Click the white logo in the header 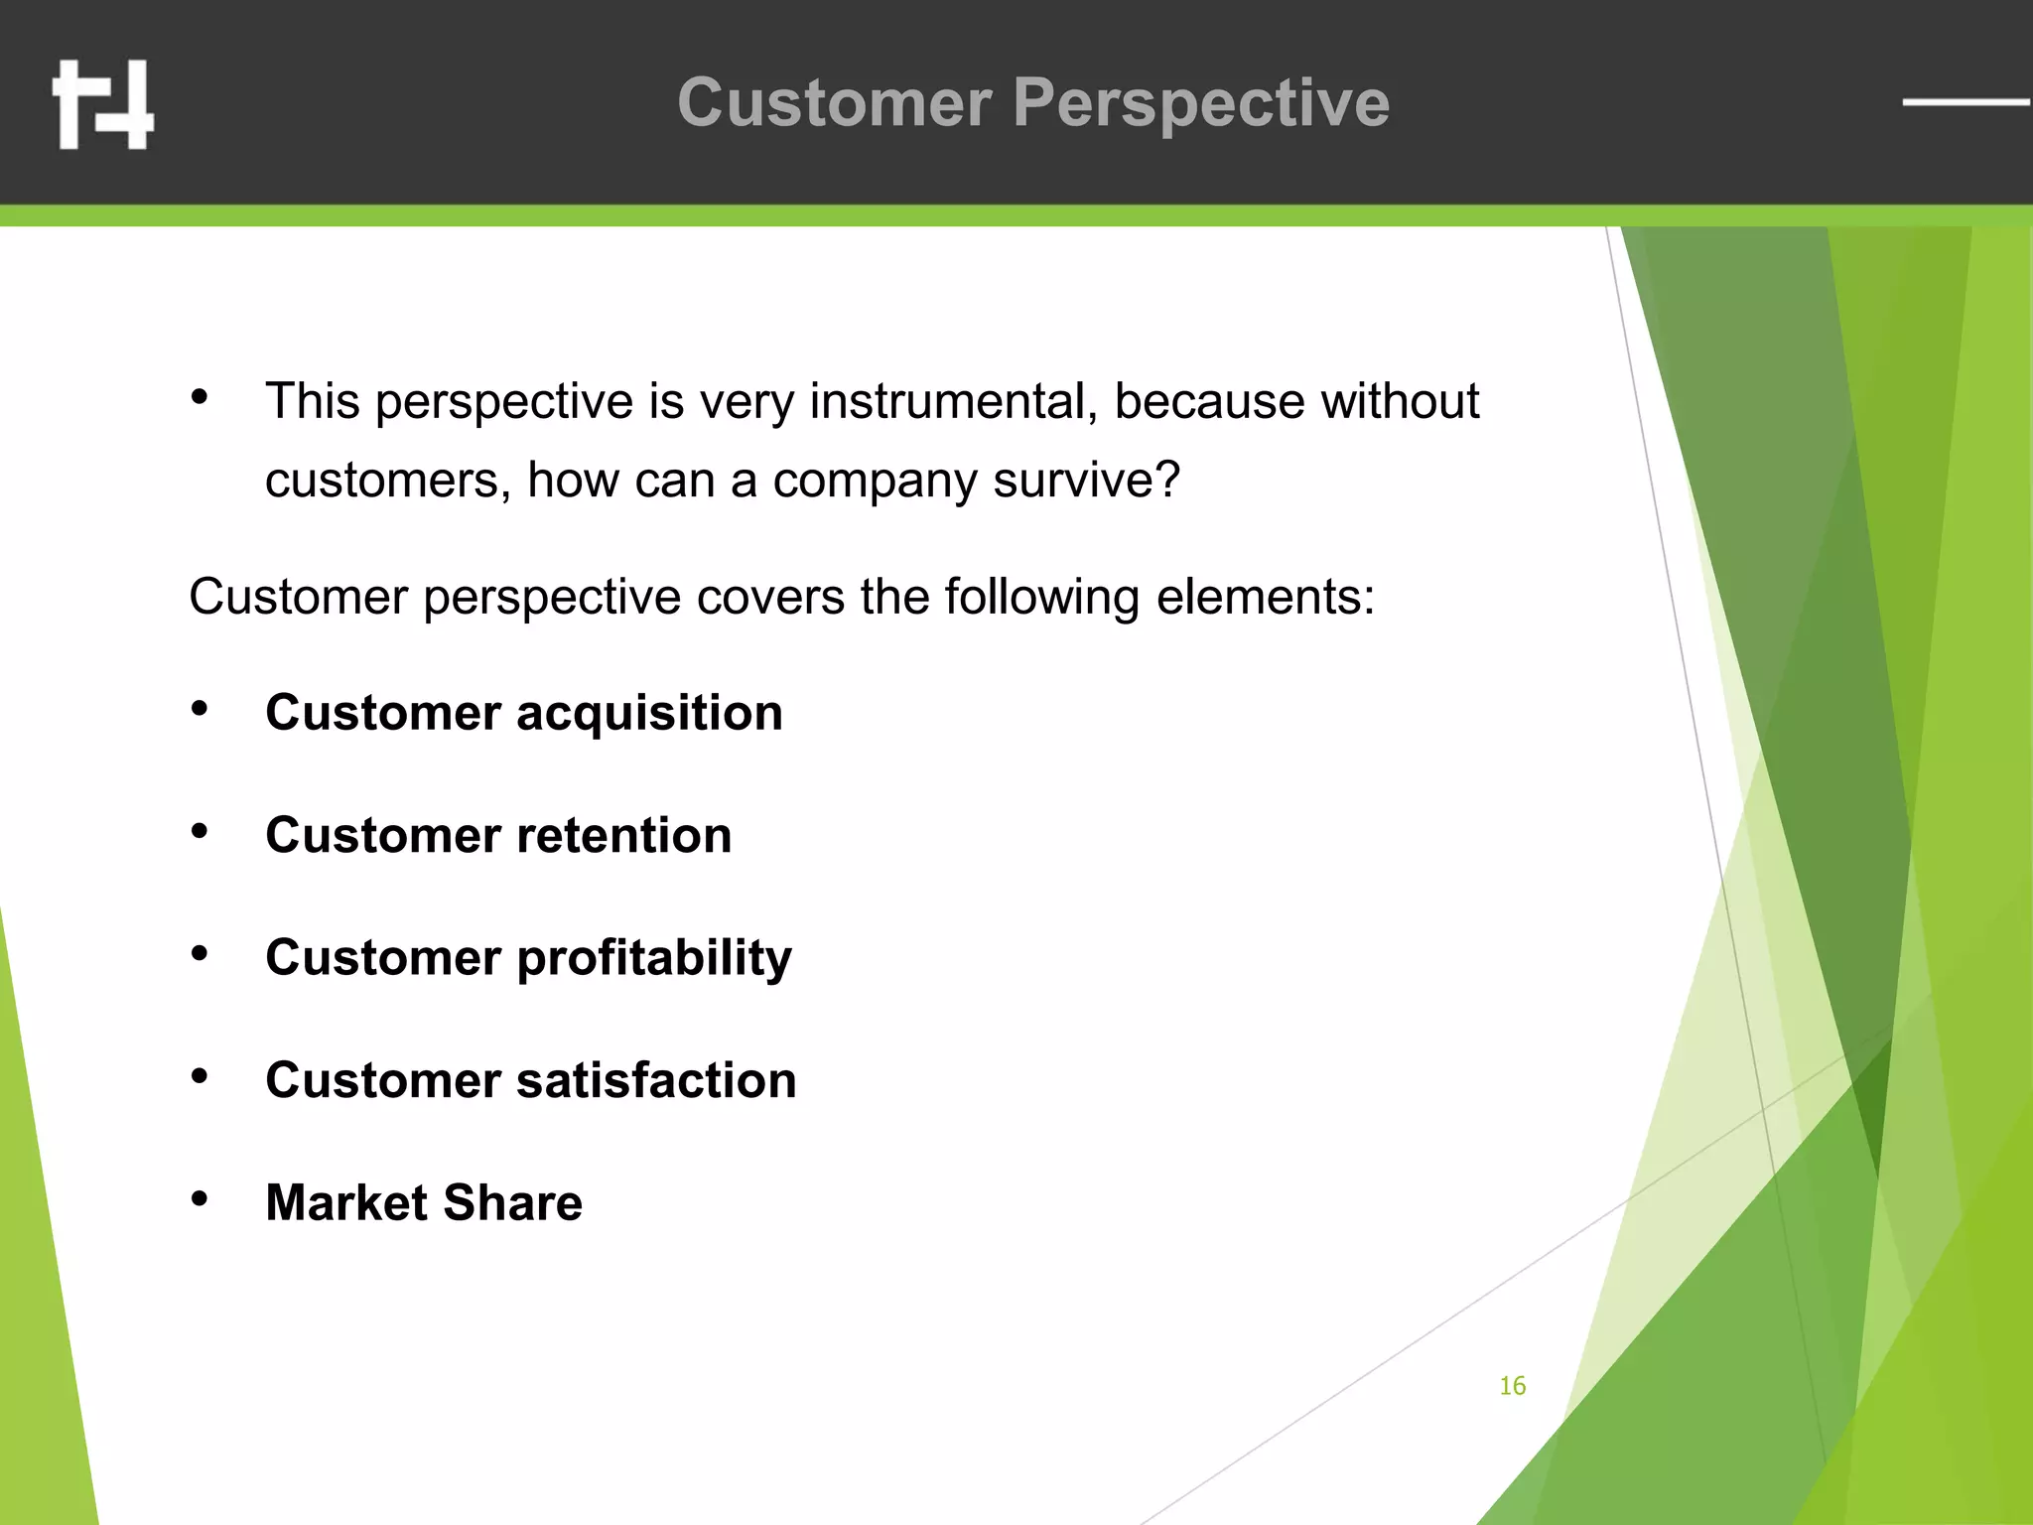point(103,104)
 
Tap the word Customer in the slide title point(835,103)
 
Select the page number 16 point(1512,1386)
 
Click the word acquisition point(649,714)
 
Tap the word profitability point(654,959)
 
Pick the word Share point(512,1203)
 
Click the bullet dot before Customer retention point(200,832)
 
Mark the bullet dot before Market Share point(200,1199)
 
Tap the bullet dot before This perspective point(200,397)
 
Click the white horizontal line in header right point(1965,101)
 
